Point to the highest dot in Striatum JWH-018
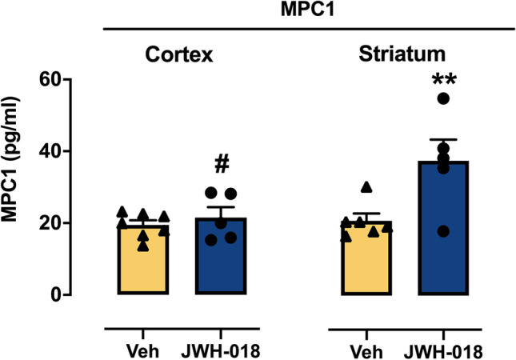click(444, 98)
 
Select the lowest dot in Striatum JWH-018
click(444, 231)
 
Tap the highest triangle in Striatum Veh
click(366, 187)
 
